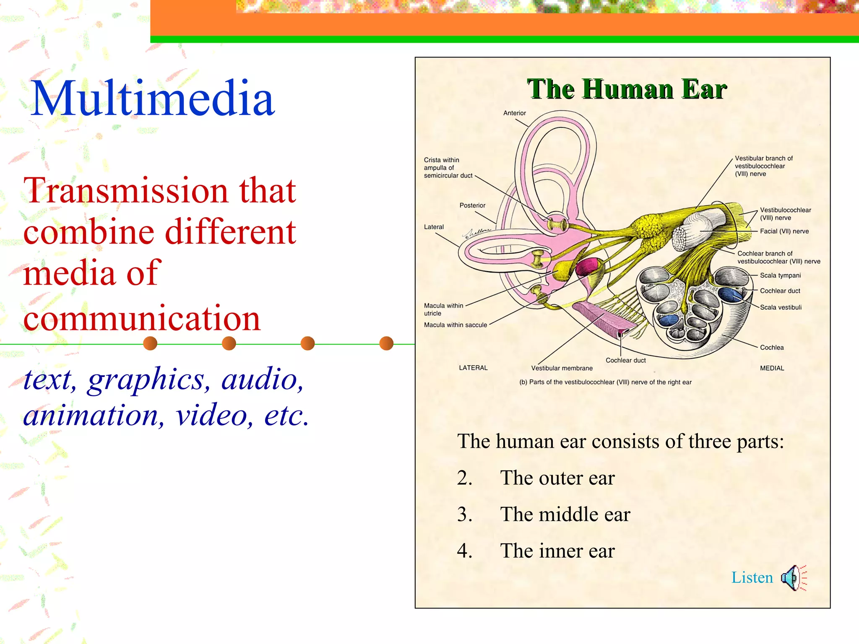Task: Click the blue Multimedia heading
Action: point(153,99)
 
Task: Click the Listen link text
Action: point(752,578)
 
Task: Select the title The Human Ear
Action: point(627,89)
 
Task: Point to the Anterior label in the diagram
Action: point(514,113)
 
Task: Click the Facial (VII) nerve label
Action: point(784,231)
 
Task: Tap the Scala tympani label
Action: point(780,275)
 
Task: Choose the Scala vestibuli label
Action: point(781,307)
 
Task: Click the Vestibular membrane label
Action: point(562,368)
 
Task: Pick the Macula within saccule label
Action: point(456,325)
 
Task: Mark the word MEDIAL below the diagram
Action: point(772,368)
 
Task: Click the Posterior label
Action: point(472,205)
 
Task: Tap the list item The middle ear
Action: point(565,514)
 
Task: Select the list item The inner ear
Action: point(557,551)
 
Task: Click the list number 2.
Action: point(465,478)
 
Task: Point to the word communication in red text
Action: point(142,319)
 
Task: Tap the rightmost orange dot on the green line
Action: point(386,343)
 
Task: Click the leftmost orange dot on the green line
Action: point(150,343)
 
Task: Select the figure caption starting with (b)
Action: point(605,382)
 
